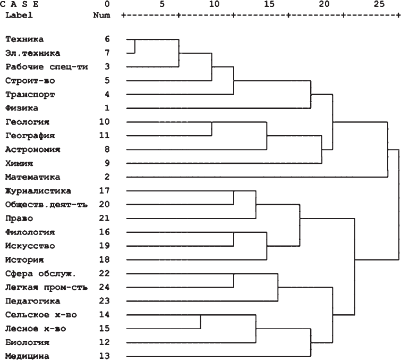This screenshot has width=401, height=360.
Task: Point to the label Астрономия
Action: tap(32, 150)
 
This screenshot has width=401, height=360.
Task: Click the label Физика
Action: tap(21, 108)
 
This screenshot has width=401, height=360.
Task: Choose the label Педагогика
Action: tap(30, 301)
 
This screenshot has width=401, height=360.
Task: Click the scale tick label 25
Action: tap(379, 4)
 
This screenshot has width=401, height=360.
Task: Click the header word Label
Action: tap(19, 15)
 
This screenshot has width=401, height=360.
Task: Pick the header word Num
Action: tap(101, 15)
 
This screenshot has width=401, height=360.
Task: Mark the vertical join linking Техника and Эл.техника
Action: tap(134, 46)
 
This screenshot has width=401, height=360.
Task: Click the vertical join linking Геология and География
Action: tap(212, 129)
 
